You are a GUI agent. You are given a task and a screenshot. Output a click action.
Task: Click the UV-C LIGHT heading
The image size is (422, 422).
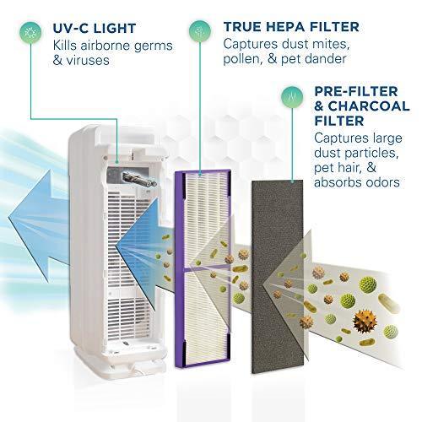coord(95,29)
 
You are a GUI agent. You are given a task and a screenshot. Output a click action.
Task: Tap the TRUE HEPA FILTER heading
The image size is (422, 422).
coord(291,27)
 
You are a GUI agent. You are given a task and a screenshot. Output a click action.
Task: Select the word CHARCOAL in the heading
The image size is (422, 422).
coord(369,106)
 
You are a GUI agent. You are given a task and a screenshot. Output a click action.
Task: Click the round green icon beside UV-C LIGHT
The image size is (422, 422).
coord(30,32)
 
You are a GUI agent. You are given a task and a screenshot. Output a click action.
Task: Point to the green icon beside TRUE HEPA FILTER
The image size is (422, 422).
coord(200,30)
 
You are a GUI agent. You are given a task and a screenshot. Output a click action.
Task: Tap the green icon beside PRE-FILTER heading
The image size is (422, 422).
coord(292,97)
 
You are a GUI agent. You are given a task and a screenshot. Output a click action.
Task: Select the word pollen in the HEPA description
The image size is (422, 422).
coord(240,59)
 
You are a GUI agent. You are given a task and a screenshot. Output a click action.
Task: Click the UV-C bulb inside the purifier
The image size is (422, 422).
coord(139,179)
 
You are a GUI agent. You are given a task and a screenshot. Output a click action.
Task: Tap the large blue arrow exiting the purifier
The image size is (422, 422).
coord(39,219)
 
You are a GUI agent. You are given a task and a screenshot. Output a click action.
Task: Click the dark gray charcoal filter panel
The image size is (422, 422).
coord(278,277)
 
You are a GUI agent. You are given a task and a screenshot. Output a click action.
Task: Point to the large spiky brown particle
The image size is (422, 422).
coord(365,321)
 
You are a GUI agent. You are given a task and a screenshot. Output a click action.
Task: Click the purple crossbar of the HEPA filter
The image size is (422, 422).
coord(207,268)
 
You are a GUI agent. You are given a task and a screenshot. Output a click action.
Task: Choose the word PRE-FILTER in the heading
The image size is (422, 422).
coord(356,91)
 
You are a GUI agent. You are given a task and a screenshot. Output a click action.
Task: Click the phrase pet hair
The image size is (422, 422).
coord(338,168)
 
